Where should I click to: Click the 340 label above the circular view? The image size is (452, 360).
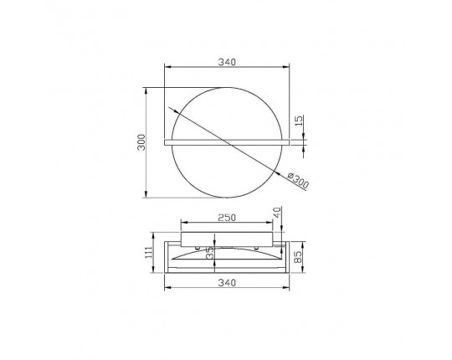click(x=227, y=62)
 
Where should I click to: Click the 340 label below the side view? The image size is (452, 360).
click(x=227, y=283)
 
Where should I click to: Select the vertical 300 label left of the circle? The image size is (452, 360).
click(x=141, y=142)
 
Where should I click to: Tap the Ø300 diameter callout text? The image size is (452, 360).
click(x=298, y=181)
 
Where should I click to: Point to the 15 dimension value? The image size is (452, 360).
click(x=300, y=121)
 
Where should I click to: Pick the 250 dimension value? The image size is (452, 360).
click(x=227, y=218)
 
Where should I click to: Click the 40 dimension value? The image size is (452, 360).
click(x=277, y=213)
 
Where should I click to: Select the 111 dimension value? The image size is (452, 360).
click(x=148, y=253)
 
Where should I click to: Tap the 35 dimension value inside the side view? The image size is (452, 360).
click(x=211, y=253)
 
